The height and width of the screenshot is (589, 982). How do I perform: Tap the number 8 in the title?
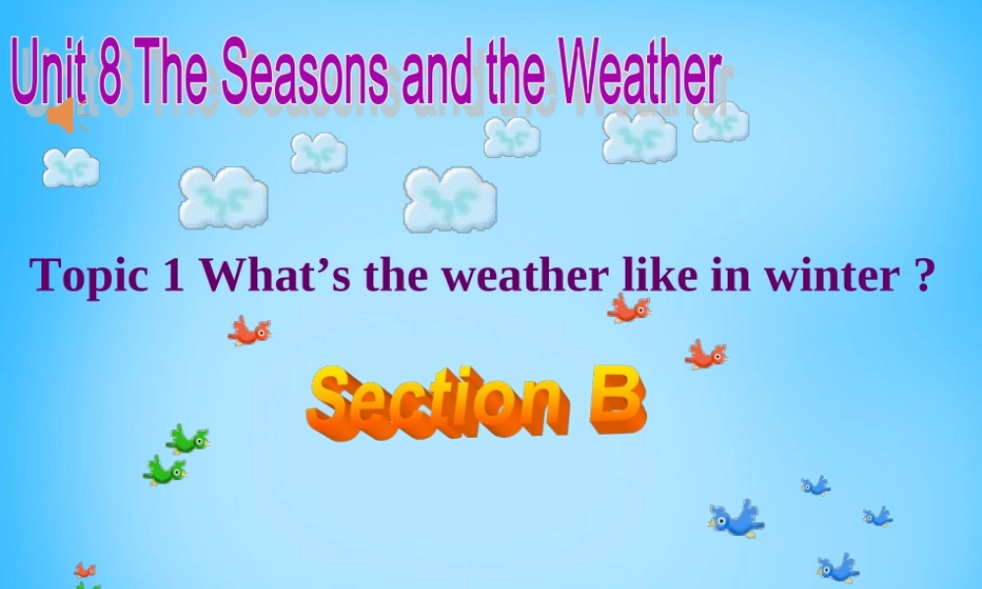pyautogui.click(x=109, y=77)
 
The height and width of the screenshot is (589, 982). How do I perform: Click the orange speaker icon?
pyautogui.click(x=62, y=117)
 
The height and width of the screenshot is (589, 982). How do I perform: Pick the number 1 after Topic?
pyautogui.click(x=175, y=276)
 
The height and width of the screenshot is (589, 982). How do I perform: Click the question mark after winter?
pyautogui.click(x=920, y=276)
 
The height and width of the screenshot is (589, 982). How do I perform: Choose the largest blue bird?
pyautogui.click(x=736, y=518)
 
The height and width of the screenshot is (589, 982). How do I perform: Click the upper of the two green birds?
pyautogui.click(x=188, y=439)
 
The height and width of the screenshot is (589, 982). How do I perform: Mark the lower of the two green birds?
pyautogui.click(x=165, y=470)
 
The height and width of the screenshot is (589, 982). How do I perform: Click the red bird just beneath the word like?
pyautogui.click(x=628, y=309)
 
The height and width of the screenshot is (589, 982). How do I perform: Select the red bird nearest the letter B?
pyautogui.click(x=706, y=354)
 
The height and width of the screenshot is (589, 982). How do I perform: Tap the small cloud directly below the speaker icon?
pyautogui.click(x=71, y=167)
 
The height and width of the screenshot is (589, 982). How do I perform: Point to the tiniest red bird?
pyautogui.click(x=85, y=569)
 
